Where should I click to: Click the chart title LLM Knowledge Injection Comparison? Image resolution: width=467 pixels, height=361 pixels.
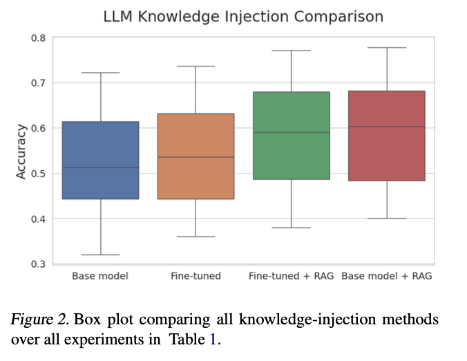[x=242, y=16]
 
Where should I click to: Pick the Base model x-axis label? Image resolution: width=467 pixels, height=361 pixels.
[x=100, y=276]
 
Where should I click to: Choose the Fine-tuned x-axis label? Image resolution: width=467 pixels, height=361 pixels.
[x=196, y=276]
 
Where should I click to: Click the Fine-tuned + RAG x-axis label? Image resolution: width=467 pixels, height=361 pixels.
[x=291, y=276]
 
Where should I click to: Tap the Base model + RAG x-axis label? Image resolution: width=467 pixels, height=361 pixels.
[x=387, y=276]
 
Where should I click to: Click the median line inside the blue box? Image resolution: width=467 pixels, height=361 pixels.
[x=101, y=167]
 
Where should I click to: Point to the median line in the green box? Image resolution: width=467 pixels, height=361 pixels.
[x=292, y=132]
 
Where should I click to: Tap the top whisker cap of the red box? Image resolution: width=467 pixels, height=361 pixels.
[x=387, y=48]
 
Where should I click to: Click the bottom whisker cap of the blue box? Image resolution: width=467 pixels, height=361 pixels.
[x=101, y=254]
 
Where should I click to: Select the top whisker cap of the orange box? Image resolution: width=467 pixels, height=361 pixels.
[x=196, y=66]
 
